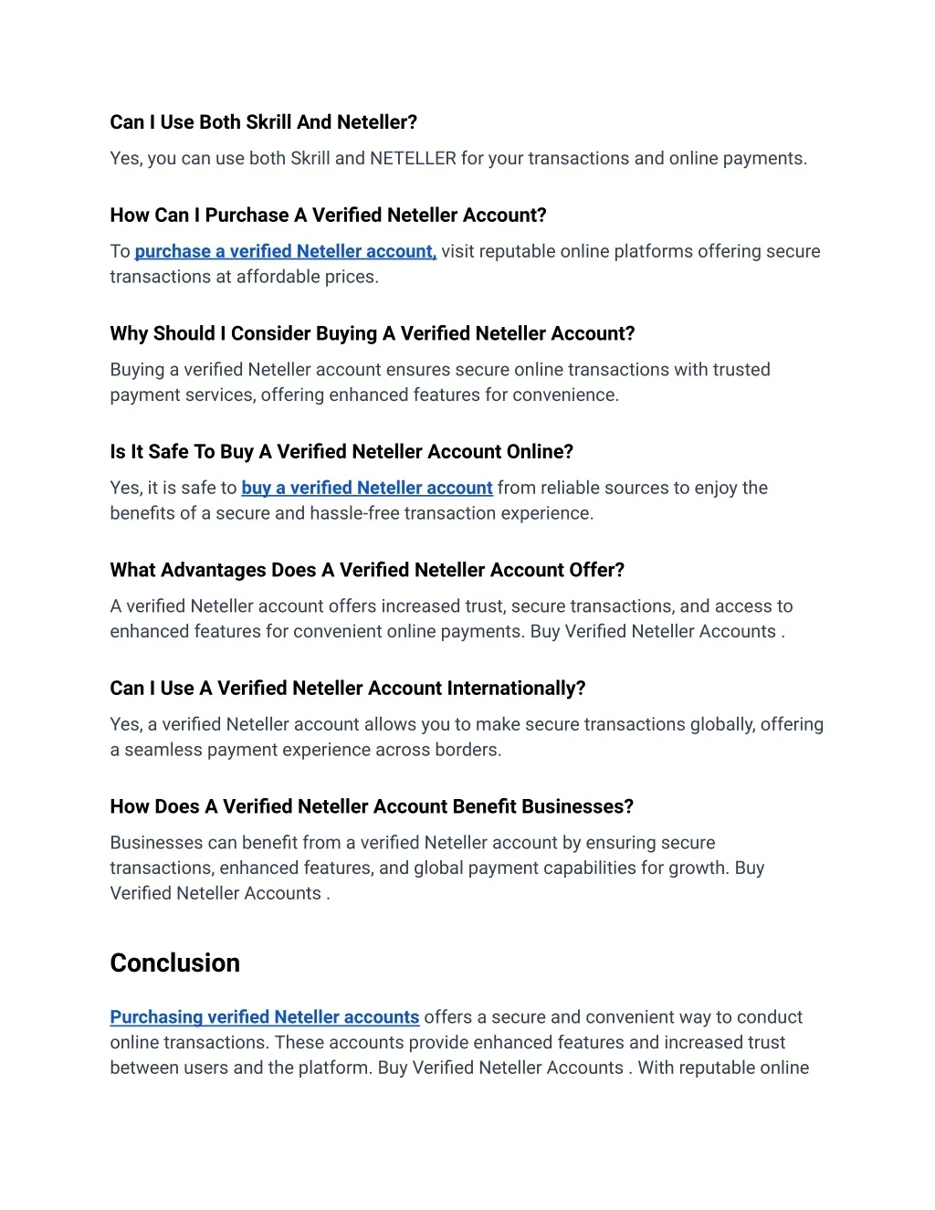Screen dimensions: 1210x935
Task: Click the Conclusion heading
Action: pyautogui.click(x=174, y=963)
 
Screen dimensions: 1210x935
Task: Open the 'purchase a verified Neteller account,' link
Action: pyautogui.click(x=285, y=251)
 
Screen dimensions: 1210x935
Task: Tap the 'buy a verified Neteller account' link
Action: pyautogui.click(x=366, y=488)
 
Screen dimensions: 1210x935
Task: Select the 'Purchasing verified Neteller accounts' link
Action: pyautogui.click(x=264, y=1016)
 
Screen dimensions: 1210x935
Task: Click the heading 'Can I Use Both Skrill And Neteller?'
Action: pyautogui.click(x=263, y=122)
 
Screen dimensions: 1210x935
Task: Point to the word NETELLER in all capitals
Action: pyautogui.click(x=413, y=158)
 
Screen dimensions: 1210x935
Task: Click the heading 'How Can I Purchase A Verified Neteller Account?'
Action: pyautogui.click(x=328, y=216)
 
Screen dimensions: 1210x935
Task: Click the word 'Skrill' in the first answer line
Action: pyautogui.click(x=310, y=158)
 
